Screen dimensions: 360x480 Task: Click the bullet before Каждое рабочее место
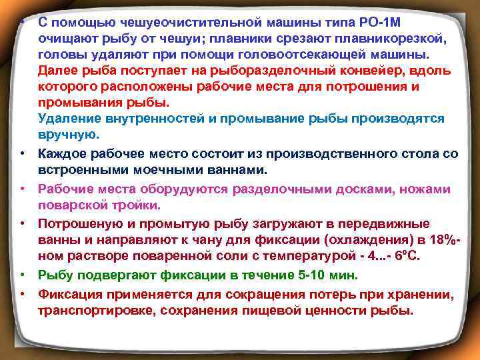pos(22,155)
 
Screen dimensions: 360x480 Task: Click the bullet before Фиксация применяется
pos(22,295)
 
